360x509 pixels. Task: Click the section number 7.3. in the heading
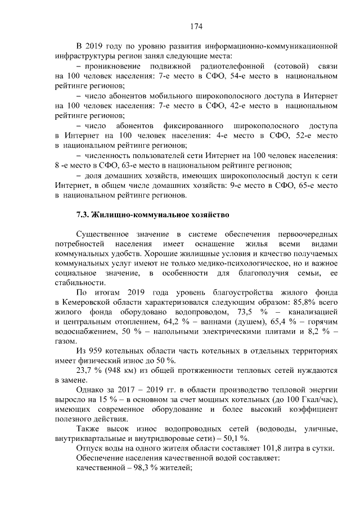coord(82,214)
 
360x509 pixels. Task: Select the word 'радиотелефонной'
coord(202,66)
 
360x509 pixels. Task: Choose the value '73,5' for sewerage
coord(230,313)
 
